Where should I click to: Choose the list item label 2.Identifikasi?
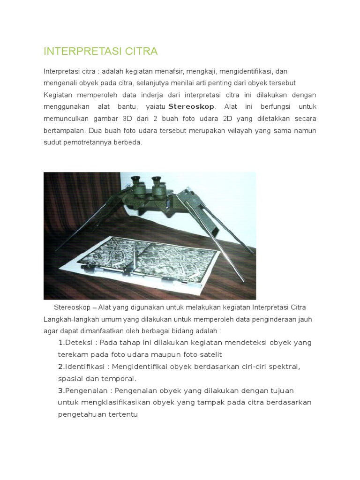(x=84, y=367)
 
